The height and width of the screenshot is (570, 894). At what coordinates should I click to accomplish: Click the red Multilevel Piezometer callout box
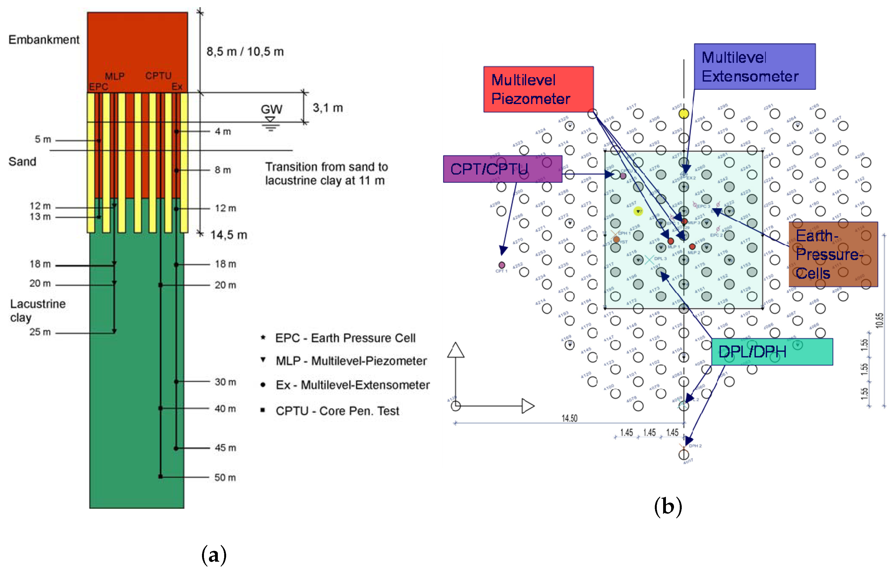pos(538,89)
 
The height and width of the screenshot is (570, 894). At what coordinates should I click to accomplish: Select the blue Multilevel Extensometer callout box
pos(754,67)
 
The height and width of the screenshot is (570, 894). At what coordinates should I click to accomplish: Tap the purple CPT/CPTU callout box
pos(502,169)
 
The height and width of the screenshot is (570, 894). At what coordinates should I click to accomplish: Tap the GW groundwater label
pos(271,109)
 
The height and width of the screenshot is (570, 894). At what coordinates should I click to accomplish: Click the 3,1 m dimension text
pos(327,108)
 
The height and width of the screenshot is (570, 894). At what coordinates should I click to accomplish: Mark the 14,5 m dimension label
pos(229,235)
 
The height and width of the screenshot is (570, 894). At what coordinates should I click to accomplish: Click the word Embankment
pos(44,40)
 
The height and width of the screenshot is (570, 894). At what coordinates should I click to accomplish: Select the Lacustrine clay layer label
pos(37,311)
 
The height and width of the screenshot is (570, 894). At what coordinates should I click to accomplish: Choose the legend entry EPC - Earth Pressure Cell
pos(345,338)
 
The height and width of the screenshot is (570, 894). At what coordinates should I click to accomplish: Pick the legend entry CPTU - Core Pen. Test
pos(337,411)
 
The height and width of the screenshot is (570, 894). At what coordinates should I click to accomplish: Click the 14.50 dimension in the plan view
pos(569,418)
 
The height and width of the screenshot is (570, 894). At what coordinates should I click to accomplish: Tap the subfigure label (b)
pos(668,506)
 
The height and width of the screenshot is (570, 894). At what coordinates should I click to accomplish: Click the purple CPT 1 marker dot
pos(502,265)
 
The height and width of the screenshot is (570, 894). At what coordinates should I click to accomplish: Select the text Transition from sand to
pos(326,167)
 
